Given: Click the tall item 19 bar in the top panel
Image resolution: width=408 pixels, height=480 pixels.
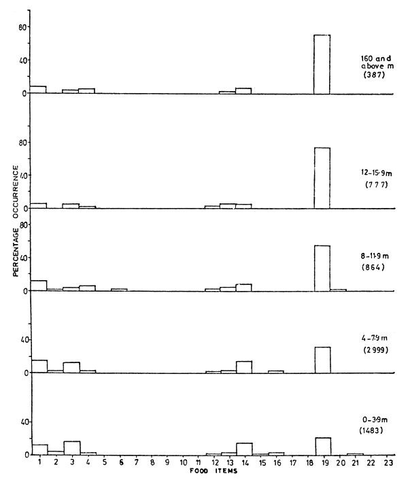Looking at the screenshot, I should click(322, 64).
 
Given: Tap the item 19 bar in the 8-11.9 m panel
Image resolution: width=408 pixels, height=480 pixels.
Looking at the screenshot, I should click(322, 268).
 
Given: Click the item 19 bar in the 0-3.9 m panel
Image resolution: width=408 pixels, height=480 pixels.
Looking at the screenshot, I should click(322, 446).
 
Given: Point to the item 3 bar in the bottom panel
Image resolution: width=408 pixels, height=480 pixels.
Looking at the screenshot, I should click(71, 448).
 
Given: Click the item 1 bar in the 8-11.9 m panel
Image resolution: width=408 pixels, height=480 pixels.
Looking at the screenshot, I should click(39, 286).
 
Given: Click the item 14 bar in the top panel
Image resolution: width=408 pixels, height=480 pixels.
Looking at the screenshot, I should click(243, 90).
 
